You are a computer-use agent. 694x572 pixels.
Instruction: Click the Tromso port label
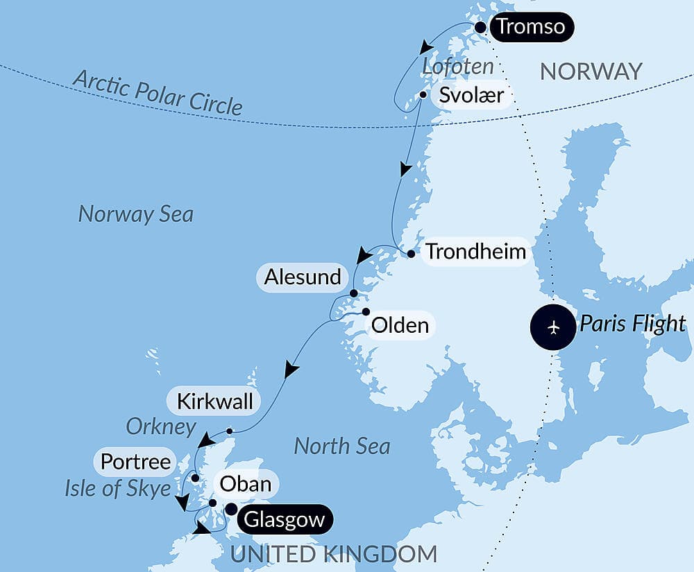click(x=532, y=28)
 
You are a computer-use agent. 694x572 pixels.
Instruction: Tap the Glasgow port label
click(x=284, y=519)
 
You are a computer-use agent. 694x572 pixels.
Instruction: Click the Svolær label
click(x=471, y=94)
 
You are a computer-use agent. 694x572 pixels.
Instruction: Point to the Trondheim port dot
click(x=411, y=254)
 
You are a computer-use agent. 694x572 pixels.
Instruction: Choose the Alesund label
click(x=303, y=277)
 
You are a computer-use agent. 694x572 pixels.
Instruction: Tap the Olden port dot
click(x=366, y=312)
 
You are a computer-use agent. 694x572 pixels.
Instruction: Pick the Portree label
click(x=136, y=462)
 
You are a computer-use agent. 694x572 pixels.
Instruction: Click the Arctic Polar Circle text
click(x=158, y=92)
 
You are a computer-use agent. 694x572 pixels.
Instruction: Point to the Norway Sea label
click(x=135, y=214)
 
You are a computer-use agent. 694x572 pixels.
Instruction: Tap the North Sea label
click(x=341, y=446)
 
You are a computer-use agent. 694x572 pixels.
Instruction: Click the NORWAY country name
click(x=591, y=71)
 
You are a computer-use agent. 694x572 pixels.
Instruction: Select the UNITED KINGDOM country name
click(x=334, y=554)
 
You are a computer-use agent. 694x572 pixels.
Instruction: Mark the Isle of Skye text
click(x=118, y=489)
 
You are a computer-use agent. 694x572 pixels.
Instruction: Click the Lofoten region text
click(x=458, y=67)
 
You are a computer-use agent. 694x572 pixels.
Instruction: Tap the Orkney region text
click(x=161, y=426)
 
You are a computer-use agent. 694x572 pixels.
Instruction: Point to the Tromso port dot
click(x=480, y=28)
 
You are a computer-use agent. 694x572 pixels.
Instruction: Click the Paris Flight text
click(x=632, y=324)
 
